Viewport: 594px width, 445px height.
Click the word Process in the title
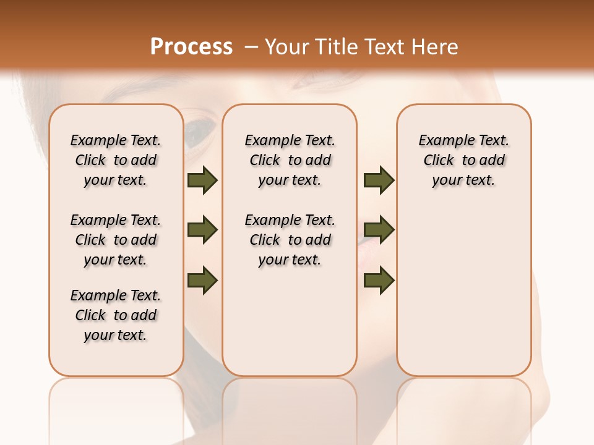(x=191, y=46)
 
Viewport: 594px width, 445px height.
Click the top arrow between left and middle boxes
(x=202, y=180)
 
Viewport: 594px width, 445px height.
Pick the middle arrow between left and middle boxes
(x=202, y=231)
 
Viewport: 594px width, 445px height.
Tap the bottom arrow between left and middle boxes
(x=202, y=280)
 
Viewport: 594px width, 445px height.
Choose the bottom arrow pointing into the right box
(x=379, y=281)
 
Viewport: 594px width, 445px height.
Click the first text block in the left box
(x=116, y=160)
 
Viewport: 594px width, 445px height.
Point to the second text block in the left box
(x=116, y=240)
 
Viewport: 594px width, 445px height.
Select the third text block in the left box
(x=116, y=315)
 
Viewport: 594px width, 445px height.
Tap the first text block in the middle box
(x=290, y=160)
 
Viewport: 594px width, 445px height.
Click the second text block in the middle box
(x=290, y=240)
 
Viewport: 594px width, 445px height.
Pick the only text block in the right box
(x=464, y=160)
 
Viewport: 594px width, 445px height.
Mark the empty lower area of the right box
(x=464, y=284)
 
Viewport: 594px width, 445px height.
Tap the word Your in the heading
(x=287, y=46)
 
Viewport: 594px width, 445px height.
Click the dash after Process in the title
(x=251, y=46)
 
